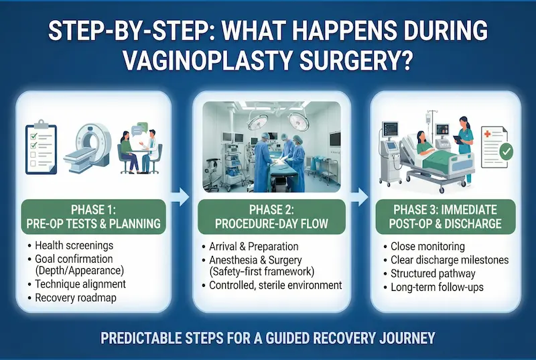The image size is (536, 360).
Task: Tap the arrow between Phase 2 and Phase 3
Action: pyautogui.click(x=360, y=196)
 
